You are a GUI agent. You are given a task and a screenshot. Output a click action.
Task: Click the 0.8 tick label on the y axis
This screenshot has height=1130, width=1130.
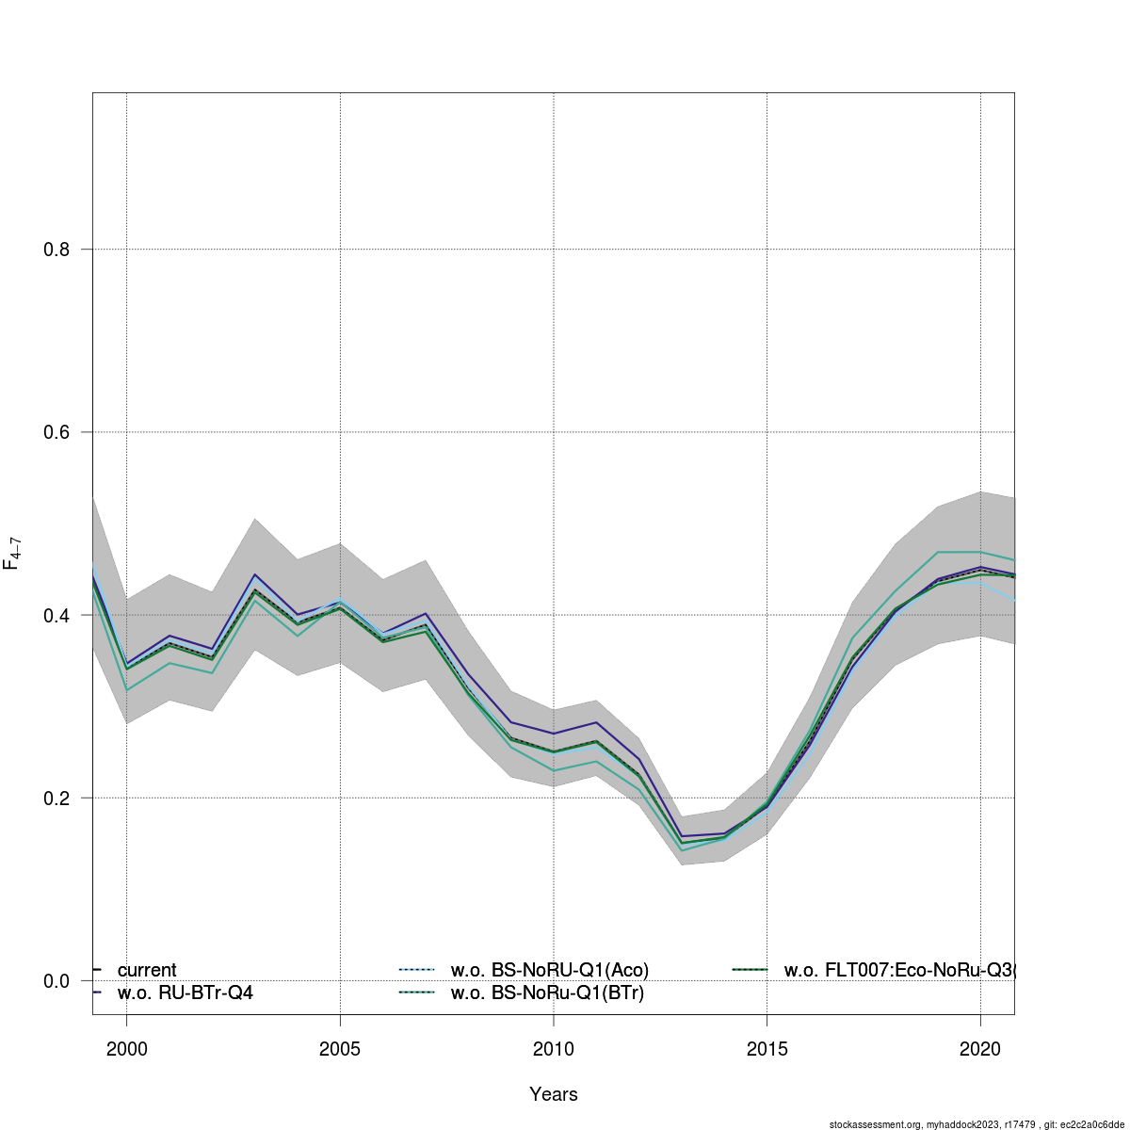57,250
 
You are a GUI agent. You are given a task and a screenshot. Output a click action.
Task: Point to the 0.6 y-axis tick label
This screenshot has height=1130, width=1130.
57,432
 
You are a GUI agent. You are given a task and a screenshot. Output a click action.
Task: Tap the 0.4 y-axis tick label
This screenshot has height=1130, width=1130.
57,616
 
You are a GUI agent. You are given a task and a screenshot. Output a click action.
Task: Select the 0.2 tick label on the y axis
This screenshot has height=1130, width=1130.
57,799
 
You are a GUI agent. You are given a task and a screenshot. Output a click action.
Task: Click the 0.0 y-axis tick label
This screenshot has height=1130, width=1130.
57,981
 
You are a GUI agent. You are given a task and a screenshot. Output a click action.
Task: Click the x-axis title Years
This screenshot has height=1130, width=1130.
554,1094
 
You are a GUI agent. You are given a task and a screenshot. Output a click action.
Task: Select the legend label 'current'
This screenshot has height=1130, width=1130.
147,970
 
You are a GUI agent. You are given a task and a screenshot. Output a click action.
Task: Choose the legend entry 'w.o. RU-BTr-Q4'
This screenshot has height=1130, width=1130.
186,993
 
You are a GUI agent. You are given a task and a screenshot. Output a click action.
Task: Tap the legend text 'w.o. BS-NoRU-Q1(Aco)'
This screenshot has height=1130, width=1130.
550,970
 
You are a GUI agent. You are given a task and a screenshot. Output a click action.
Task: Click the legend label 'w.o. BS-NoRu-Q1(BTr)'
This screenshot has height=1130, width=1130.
548,993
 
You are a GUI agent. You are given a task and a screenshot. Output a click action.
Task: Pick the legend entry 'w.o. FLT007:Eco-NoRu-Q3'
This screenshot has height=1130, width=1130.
899,970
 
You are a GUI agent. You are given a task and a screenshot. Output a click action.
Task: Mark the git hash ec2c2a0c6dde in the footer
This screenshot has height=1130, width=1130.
1087,1124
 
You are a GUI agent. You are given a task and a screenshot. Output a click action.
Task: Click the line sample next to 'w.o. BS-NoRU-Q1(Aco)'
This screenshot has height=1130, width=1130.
416,970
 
